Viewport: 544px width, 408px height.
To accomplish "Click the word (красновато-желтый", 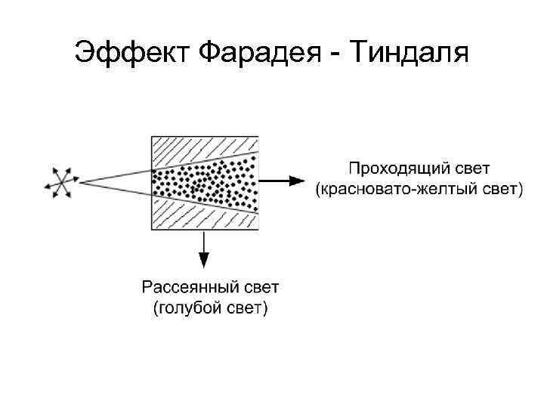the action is (402, 189).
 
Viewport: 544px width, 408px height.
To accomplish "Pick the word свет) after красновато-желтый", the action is (500, 189).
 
